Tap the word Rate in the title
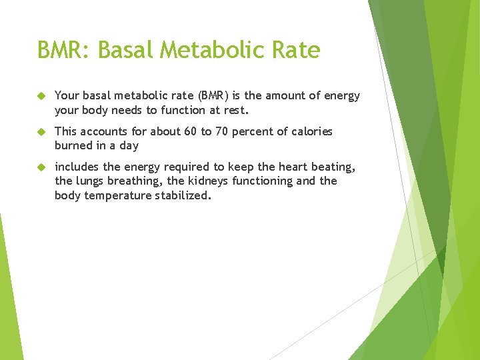(297, 50)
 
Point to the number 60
(190, 131)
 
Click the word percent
(255, 131)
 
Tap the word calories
(311, 131)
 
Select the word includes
(76, 167)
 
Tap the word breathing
(137, 181)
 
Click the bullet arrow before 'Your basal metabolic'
(41, 96)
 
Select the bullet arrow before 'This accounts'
(41, 132)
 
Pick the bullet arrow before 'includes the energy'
(41, 167)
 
